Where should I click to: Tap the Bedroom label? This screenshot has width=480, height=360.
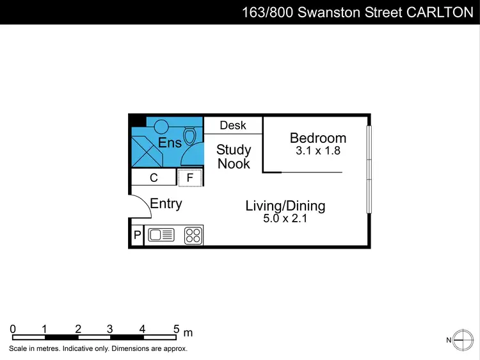[x=318, y=138]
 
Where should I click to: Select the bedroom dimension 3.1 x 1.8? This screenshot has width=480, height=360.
[x=318, y=152]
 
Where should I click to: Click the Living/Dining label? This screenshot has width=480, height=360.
[x=285, y=206]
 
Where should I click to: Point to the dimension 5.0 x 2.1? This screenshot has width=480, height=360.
[x=285, y=218]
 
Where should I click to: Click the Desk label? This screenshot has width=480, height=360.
[x=233, y=126]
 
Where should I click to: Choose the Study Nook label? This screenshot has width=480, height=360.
[x=234, y=157]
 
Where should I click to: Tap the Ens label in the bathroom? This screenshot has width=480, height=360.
[x=170, y=143]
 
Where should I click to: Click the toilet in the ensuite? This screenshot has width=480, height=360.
[x=190, y=136]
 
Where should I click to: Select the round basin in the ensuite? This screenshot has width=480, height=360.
[x=161, y=126]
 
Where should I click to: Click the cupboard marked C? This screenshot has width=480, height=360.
[x=154, y=178]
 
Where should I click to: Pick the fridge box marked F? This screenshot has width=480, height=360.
[x=189, y=178]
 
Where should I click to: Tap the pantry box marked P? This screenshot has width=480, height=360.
[x=137, y=236]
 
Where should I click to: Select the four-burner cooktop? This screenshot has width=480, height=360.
[x=193, y=236]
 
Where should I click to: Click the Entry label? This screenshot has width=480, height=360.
[x=166, y=204]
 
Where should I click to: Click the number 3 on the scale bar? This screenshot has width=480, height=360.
[x=110, y=329]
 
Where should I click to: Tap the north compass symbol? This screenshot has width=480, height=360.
[x=461, y=340]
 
